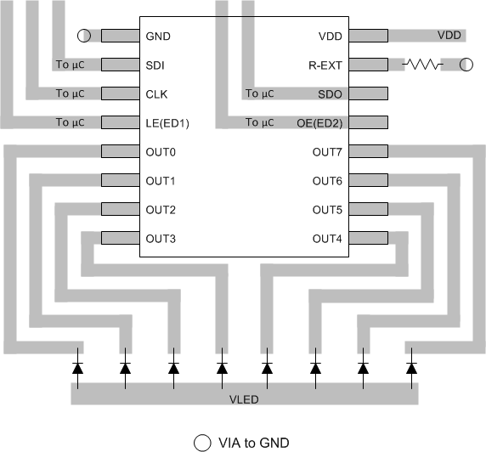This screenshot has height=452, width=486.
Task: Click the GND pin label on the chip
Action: [x=159, y=36]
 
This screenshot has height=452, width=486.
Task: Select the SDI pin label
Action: [x=156, y=65]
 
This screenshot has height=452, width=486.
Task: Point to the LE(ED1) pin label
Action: [x=167, y=123]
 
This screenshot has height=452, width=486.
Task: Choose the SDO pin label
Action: [x=329, y=93]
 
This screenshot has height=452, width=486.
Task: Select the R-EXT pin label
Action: [x=325, y=65]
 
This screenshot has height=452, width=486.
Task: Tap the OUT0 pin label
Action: [x=161, y=152]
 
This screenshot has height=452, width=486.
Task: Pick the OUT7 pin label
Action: [x=327, y=152]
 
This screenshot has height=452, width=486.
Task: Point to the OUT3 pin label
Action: [x=161, y=238]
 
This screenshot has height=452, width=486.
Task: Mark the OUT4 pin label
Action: [x=327, y=238]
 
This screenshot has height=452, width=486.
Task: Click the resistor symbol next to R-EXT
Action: [x=422, y=65]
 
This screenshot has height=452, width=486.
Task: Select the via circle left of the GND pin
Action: [x=83, y=36]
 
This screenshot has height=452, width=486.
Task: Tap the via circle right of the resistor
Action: [x=466, y=65]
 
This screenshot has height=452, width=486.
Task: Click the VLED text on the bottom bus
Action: [x=244, y=398]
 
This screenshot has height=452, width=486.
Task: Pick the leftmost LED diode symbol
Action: [x=77, y=368]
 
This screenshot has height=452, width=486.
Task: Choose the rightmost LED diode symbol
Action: [x=411, y=368]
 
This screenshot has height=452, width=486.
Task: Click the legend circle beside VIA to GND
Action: [x=201, y=442]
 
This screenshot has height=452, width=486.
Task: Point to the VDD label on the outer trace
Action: [x=449, y=36]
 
